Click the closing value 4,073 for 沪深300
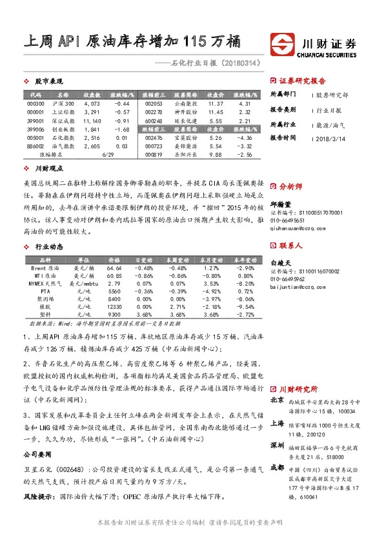click(x=92, y=103)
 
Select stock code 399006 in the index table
click(x=36, y=129)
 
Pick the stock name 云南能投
click(x=185, y=103)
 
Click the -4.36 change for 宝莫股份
click(x=245, y=137)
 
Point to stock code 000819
click(x=154, y=155)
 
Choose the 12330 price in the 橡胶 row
click(x=114, y=306)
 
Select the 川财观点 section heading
click(x=48, y=168)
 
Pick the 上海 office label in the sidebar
click(x=278, y=423)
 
